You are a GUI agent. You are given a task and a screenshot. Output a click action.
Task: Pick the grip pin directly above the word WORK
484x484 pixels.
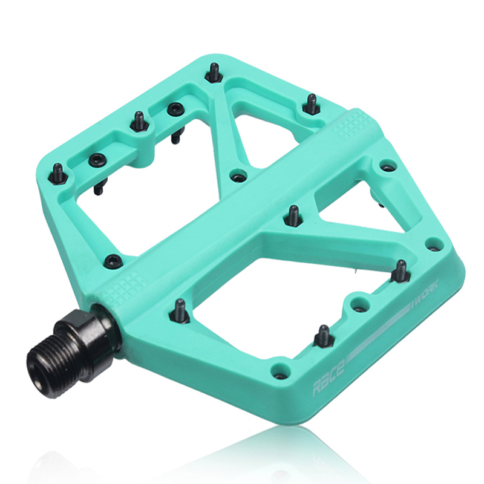click(x=401, y=271)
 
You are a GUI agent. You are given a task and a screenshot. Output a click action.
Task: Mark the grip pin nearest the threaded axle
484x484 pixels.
click(x=180, y=309)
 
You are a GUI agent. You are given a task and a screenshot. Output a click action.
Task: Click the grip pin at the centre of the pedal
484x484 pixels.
click(x=293, y=214)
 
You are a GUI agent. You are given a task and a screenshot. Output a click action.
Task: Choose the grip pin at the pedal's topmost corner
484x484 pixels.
click(x=214, y=72)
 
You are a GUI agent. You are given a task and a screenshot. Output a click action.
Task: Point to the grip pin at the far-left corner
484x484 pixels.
click(x=58, y=173)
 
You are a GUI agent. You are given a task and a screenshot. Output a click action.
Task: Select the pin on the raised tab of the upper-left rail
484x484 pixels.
click(x=139, y=121)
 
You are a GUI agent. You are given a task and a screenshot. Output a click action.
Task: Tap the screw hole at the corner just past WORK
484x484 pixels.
click(x=433, y=244)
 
